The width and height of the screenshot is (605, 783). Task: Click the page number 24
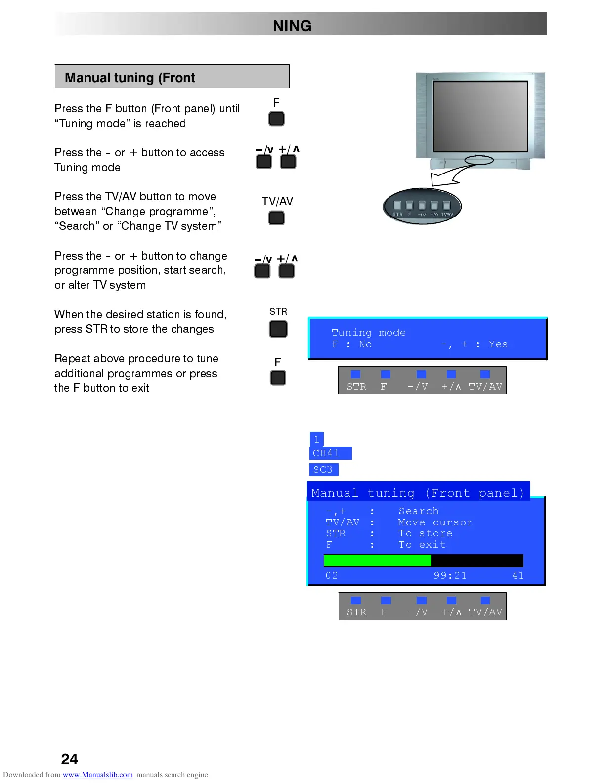[x=69, y=759]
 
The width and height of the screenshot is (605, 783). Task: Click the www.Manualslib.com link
[x=97, y=775]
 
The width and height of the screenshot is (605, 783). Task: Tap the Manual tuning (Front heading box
[x=172, y=77]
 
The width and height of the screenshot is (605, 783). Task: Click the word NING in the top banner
[x=292, y=26]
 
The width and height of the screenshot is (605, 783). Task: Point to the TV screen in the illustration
[x=480, y=117]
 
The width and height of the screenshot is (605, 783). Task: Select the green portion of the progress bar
[x=377, y=560]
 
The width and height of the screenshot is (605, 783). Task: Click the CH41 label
[x=327, y=453]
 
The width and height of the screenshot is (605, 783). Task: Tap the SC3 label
[x=323, y=469]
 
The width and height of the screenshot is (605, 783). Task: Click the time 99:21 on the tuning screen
[x=450, y=575]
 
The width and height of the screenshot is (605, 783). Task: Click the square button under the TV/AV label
[x=276, y=218]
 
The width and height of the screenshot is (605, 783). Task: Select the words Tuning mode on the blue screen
[x=368, y=333]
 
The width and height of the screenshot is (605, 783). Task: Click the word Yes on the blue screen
[x=498, y=344]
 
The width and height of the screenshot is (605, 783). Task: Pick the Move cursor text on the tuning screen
[x=435, y=522]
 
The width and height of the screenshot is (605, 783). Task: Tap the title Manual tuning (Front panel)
[x=418, y=493]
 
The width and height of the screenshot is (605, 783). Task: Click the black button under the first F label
[x=276, y=119]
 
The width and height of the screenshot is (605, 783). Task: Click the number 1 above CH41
[x=317, y=439]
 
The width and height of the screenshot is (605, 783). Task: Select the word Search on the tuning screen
[x=419, y=511]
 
